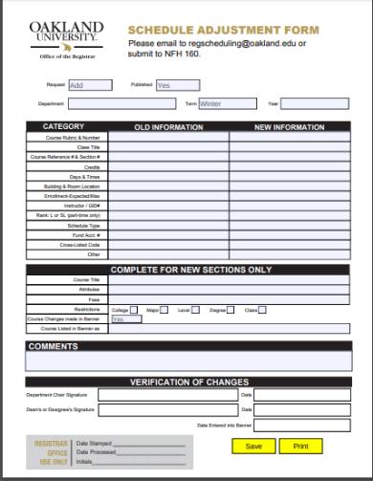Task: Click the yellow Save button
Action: (x=253, y=446)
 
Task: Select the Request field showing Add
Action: (x=89, y=85)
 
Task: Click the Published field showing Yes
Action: (x=177, y=85)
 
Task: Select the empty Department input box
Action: (x=121, y=103)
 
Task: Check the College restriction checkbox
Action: (x=135, y=310)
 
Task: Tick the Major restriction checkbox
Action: (x=165, y=310)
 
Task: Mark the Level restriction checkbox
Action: (x=197, y=310)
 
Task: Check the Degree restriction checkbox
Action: (x=232, y=310)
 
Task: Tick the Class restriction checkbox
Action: (x=264, y=310)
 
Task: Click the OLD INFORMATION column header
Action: (x=168, y=127)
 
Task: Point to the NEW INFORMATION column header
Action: (x=289, y=127)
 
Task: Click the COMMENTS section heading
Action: (x=54, y=346)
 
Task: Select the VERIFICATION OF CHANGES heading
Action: (x=188, y=382)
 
